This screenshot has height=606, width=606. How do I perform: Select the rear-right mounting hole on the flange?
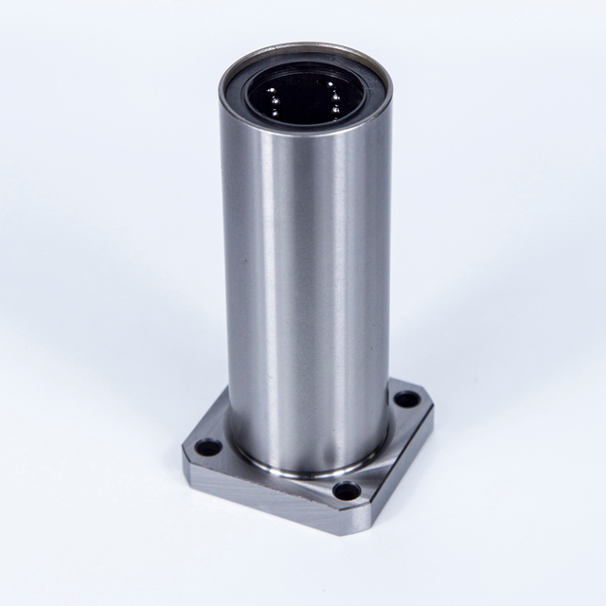tap(406, 399)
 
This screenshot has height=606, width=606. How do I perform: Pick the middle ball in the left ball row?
tap(273, 100)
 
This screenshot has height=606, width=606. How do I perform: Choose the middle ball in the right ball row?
tap(335, 102)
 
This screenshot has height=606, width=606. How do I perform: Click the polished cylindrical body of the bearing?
tap(303, 284)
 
